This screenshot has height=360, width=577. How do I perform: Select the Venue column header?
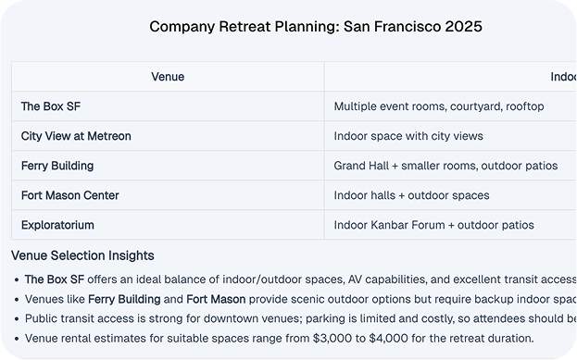(x=168, y=77)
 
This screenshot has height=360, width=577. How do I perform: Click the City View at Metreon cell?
(x=76, y=136)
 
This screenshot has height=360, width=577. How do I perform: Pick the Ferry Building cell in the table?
(x=57, y=166)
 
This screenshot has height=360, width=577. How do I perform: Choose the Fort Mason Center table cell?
(x=70, y=195)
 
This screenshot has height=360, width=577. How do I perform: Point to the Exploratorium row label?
(x=57, y=225)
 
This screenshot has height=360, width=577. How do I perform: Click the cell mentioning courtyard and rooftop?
(x=439, y=106)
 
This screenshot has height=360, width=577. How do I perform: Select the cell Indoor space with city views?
(x=408, y=136)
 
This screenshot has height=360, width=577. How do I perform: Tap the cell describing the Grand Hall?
(x=445, y=166)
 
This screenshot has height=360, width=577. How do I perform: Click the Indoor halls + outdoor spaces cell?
(x=411, y=195)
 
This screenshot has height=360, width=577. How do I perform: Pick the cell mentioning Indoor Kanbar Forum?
(x=433, y=225)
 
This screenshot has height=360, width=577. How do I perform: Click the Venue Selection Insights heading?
(x=82, y=255)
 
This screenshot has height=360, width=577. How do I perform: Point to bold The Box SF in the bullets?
(x=56, y=279)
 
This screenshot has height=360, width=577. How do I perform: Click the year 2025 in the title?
(x=462, y=27)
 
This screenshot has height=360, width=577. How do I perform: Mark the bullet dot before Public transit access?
(x=17, y=319)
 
